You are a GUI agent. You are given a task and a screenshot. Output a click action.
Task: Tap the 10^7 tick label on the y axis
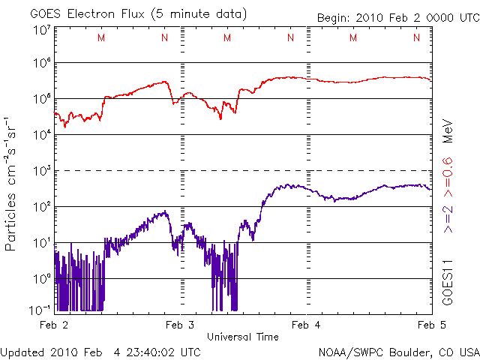tap(42, 31)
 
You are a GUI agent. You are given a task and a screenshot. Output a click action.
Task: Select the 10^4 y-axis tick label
tap(42, 134)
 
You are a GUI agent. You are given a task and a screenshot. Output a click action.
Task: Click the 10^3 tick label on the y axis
tap(42, 170)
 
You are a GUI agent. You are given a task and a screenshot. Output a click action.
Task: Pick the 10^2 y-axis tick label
tap(42, 206)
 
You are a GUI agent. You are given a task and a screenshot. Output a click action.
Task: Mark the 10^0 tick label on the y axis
tap(42, 278)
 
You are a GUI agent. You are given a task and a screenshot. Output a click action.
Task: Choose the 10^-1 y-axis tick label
tap(40, 310)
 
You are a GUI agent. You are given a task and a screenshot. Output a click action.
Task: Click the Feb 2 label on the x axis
tap(55, 325)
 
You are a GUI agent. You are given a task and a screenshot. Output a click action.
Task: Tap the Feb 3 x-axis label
tap(181, 325)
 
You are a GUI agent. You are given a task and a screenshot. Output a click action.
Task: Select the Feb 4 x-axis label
tap(307, 325)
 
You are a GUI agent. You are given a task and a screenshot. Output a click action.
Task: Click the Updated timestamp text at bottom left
tap(100, 352)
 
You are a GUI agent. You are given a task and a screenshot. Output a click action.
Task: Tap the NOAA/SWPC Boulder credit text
tap(398, 352)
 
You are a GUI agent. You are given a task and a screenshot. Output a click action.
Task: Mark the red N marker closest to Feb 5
tap(415, 38)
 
